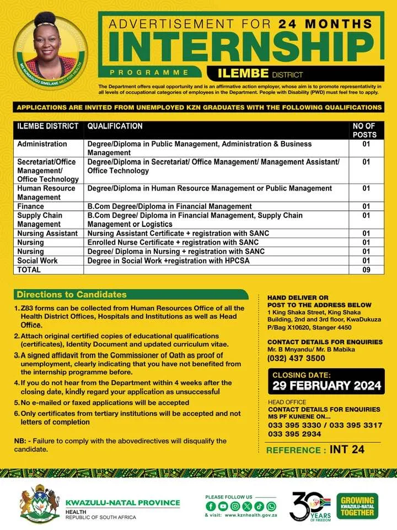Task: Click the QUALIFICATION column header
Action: click(115, 126)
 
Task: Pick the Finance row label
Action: click(31, 206)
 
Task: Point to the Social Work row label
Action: click(37, 261)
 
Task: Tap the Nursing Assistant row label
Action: click(47, 234)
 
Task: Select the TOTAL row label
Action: click(29, 269)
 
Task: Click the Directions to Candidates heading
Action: click(72, 294)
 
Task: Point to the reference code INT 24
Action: click(347, 449)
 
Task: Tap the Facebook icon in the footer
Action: click(210, 506)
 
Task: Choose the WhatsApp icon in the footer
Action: click(271, 506)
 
